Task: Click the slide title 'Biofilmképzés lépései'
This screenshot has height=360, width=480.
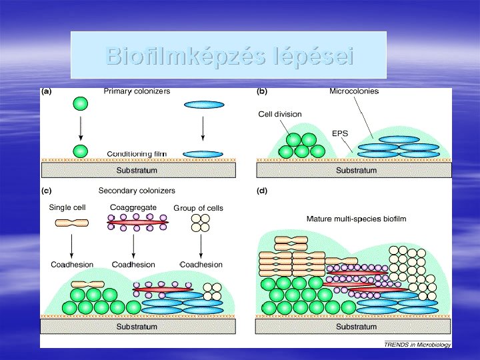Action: pos(229,57)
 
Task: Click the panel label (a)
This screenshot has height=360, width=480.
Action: pos(48,91)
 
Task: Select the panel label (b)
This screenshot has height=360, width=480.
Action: pos(263,91)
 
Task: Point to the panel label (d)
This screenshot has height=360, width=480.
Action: pos(263,191)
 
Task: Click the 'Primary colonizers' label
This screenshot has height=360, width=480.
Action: pos(137,91)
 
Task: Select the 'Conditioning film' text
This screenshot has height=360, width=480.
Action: pos(137,154)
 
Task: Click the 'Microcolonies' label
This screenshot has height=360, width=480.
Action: pos(354,91)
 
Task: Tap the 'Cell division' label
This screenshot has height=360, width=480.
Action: pos(280,114)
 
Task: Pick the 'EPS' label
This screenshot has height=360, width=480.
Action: pos(340,133)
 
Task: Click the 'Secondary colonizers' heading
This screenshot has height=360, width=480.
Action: pos(137,191)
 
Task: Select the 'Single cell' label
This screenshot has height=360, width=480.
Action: pos(67,207)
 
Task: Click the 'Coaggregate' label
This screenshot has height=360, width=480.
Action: pos(133,207)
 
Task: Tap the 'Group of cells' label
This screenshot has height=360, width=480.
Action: pos(199,208)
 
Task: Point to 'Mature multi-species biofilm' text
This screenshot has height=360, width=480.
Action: pos(356,219)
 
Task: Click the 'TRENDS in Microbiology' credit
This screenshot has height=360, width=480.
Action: pos(418,345)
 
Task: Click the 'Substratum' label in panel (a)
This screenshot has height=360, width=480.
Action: pos(137,171)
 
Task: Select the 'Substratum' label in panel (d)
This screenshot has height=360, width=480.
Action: pos(356,327)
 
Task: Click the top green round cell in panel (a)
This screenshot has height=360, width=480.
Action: pos(80,103)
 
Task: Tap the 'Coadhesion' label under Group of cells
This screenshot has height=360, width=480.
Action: pos(202,265)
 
